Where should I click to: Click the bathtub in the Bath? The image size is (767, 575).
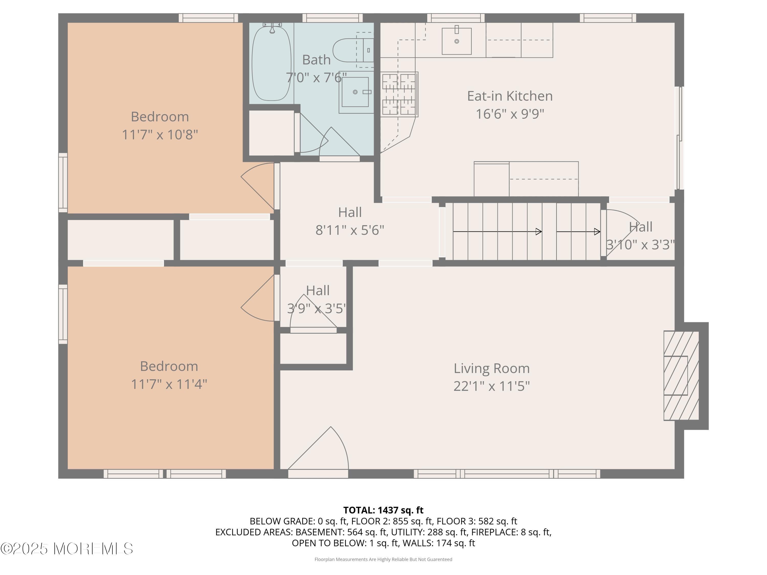tap(272, 63)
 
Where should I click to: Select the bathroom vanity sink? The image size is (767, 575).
tap(355, 92)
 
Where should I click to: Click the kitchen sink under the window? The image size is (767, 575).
tap(456, 41)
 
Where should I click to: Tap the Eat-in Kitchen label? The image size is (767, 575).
tap(510, 96)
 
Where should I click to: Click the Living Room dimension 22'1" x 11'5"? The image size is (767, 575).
tap(492, 386)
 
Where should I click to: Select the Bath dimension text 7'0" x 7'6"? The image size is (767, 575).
tap(316, 77)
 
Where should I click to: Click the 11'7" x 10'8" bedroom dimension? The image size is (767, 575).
tap(160, 134)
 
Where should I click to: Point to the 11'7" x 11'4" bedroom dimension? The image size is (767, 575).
tap(169, 384)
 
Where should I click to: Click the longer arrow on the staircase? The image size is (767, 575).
tap(497, 231)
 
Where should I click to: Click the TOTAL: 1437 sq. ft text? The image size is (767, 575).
tap(383, 510)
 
